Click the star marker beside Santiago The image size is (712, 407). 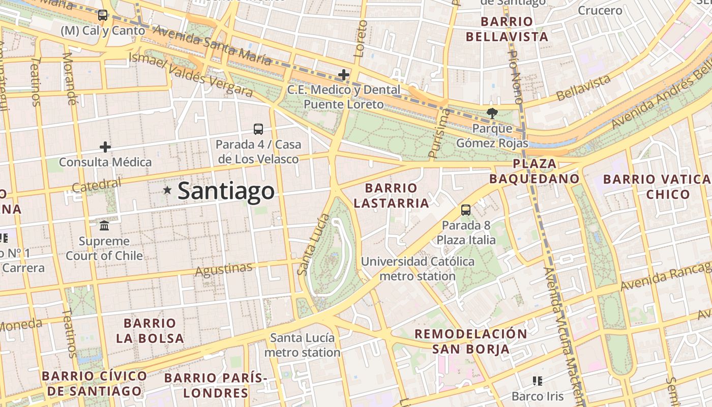167,190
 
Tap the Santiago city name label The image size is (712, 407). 226,191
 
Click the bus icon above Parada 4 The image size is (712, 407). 258,129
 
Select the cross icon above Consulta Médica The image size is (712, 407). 105,148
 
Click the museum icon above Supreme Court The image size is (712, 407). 104,225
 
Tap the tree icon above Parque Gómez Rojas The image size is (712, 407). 492,113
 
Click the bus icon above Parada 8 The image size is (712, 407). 466,210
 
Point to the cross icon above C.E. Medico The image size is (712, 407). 344,75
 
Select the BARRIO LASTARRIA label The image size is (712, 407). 391,196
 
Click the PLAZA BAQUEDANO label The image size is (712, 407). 535,171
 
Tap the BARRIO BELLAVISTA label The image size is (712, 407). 507,30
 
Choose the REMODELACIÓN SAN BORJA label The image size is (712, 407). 471,341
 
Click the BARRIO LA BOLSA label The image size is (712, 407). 150,331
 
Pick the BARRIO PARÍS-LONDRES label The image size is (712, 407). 216,385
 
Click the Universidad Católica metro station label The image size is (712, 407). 418,269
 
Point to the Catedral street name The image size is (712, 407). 97,185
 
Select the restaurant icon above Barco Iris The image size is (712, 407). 538,381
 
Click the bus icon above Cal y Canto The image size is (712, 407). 103,15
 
